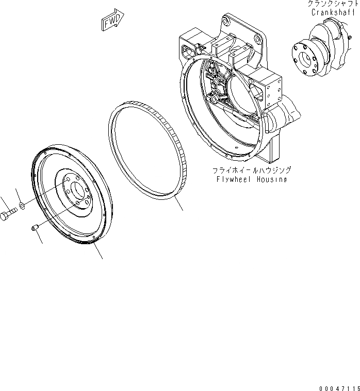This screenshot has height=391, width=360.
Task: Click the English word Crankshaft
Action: click(330, 13)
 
